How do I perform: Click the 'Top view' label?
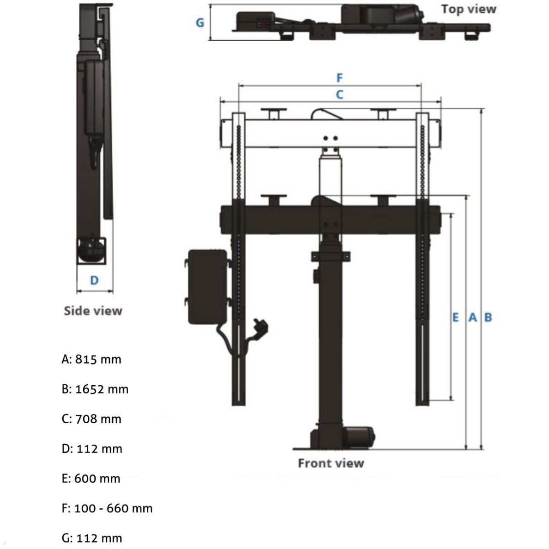click(x=468, y=9)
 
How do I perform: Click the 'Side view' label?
click(x=93, y=311)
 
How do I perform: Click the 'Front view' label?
click(x=331, y=463)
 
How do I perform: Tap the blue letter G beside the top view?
click(x=200, y=22)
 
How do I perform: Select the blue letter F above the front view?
click(x=339, y=78)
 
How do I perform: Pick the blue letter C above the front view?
click(x=339, y=95)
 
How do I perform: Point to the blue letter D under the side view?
click(x=94, y=280)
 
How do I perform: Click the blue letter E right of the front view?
click(x=455, y=317)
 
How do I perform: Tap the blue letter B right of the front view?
click(x=488, y=317)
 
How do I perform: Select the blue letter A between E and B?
click(x=473, y=317)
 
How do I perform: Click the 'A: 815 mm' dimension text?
click(x=91, y=359)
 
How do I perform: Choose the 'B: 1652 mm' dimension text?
click(x=95, y=389)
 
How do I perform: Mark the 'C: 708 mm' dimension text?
click(x=91, y=419)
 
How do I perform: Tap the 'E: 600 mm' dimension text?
click(x=91, y=479)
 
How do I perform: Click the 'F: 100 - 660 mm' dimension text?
click(x=107, y=508)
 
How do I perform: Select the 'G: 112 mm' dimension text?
click(x=92, y=538)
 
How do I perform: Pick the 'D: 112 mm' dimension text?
click(x=92, y=449)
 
